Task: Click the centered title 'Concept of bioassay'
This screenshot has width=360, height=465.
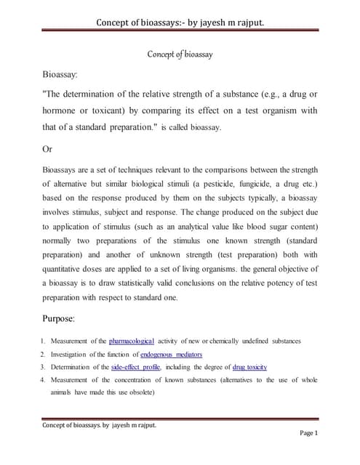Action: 180,54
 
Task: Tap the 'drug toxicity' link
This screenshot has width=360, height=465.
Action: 249,367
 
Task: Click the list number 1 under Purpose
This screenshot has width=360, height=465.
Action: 44,341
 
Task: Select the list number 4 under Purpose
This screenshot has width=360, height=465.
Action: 44,380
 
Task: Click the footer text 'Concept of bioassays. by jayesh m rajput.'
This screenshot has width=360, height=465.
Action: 100,425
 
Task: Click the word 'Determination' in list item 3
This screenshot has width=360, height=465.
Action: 75,367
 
